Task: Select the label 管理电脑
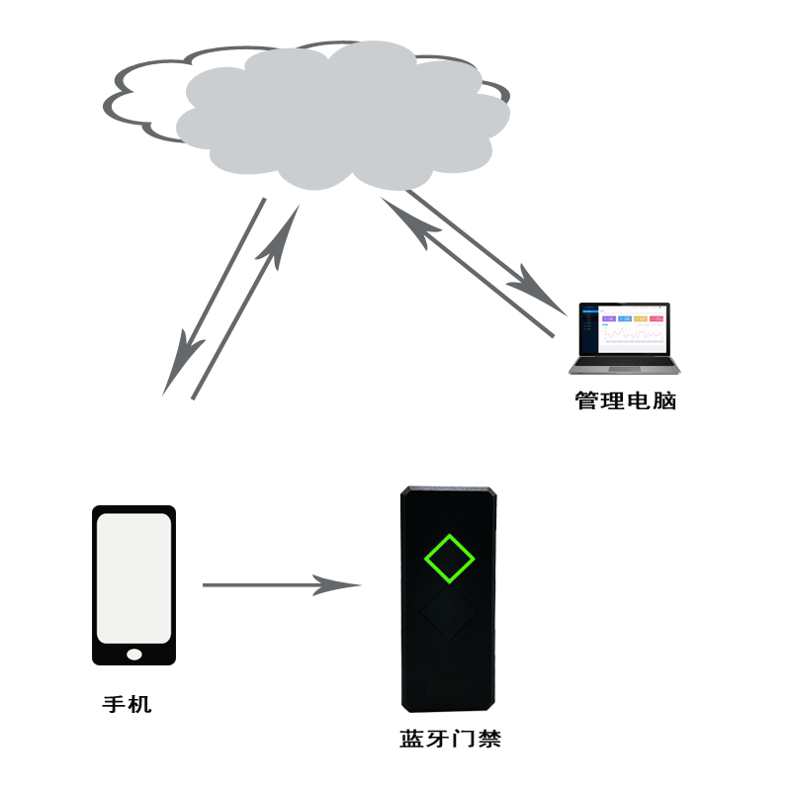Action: coord(626,401)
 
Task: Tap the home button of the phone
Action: coord(134,654)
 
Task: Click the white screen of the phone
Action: coord(133,577)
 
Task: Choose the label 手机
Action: coord(128,705)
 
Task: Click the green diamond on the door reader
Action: coord(450,559)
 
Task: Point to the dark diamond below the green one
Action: coord(450,615)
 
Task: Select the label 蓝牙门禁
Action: coord(450,740)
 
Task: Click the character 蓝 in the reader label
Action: coord(412,740)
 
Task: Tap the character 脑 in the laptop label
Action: coord(664,401)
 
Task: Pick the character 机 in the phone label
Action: coord(140,705)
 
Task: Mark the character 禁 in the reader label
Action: coord(489,740)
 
